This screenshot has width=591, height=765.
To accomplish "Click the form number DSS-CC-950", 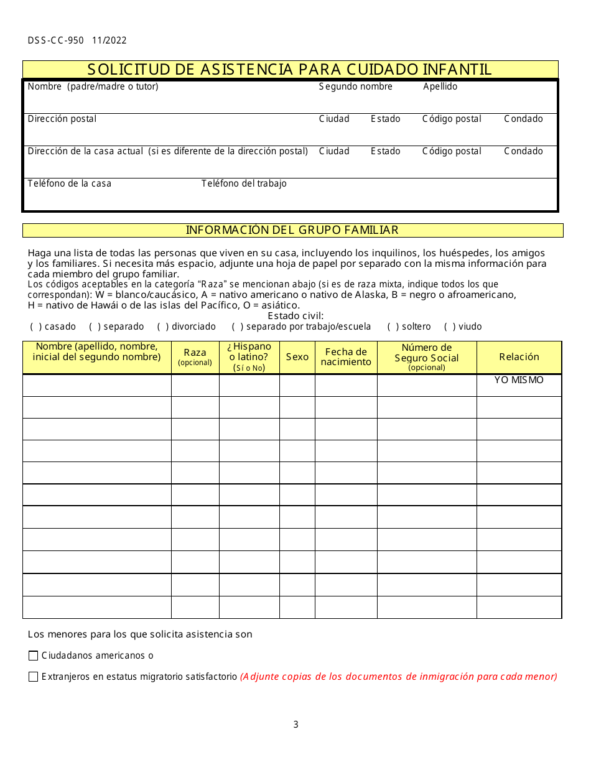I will point(55,40).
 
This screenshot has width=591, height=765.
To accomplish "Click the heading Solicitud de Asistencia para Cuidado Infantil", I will point(290,69).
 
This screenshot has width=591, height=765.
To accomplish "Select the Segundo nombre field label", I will point(355,86).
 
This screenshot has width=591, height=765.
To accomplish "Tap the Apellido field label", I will point(440,86).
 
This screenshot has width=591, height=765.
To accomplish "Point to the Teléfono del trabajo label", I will point(244,183).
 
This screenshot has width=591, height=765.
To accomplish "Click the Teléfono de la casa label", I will point(69,183).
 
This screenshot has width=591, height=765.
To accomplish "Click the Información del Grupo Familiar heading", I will point(292,230).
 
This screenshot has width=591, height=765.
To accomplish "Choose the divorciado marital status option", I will point(162,327).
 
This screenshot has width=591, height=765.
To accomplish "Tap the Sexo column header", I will point(297,357).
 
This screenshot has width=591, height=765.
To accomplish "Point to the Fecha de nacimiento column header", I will point(346,357).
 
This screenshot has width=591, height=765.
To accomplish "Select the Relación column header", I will point(519,357).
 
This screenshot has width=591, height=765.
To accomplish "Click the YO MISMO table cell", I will point(519,380).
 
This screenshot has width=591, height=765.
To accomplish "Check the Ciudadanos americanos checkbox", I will point(34,656).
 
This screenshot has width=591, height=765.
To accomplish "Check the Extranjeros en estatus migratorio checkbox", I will point(34,677).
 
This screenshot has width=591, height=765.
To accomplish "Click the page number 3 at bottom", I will point(295,725).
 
